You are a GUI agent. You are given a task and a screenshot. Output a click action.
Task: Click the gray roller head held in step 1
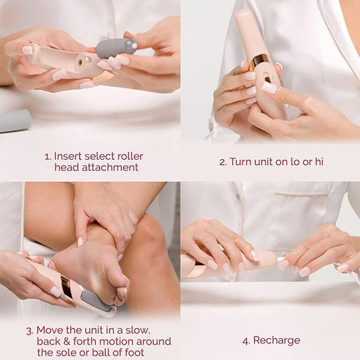click(x=116, y=48)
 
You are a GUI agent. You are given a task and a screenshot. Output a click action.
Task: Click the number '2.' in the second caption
click(x=223, y=161)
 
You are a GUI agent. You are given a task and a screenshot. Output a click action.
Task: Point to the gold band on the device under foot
click(x=68, y=286)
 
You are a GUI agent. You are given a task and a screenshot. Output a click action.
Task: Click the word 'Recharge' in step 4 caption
click(x=276, y=340)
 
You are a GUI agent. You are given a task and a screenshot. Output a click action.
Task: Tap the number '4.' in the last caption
click(x=247, y=340)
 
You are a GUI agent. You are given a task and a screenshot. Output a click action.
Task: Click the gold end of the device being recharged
click(x=191, y=268)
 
